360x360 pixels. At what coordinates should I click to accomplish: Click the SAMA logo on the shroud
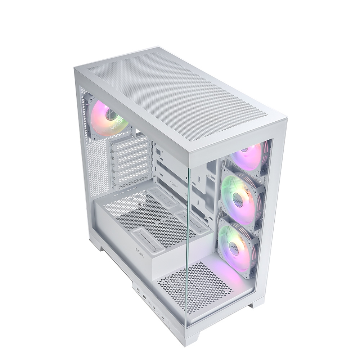(139, 253)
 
